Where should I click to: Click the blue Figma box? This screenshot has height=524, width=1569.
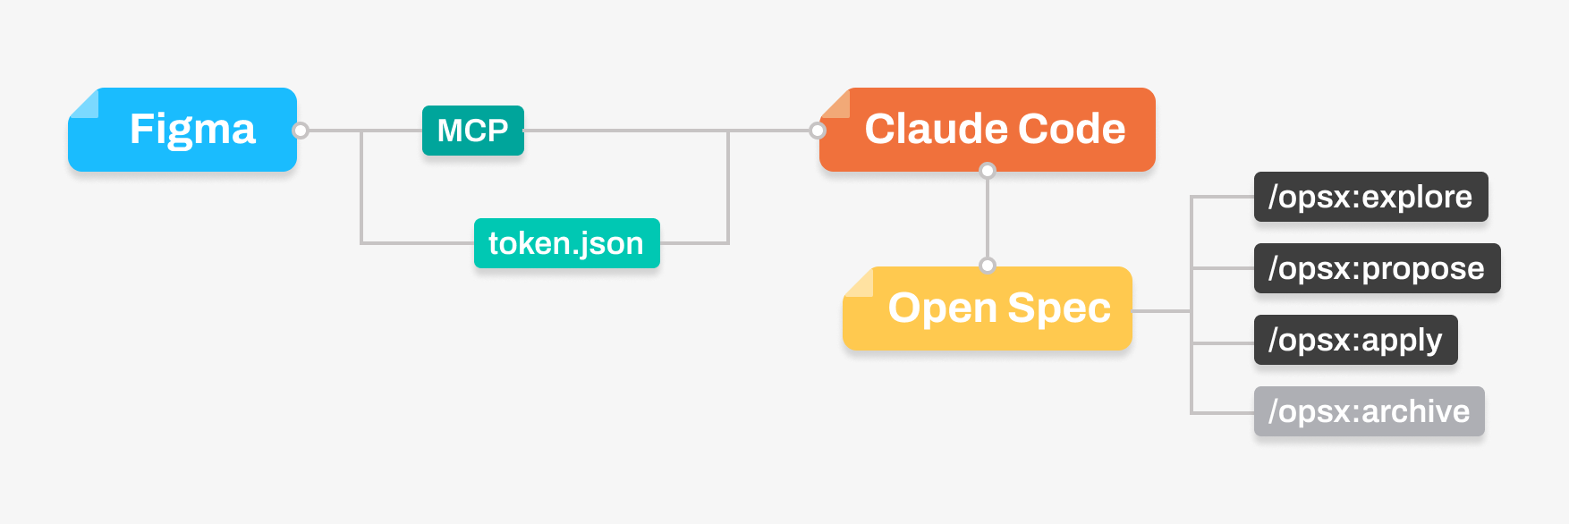click(182, 130)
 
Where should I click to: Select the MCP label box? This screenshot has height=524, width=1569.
click(473, 131)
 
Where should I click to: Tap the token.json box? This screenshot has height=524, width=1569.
click(567, 243)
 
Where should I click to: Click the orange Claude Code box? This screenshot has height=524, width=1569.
click(988, 130)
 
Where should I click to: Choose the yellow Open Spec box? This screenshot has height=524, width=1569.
click(988, 308)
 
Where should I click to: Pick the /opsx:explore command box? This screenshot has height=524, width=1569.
click(1371, 197)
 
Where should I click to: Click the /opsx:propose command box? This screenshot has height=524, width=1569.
click(1378, 268)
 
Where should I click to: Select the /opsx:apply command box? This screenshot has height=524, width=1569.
click(1356, 340)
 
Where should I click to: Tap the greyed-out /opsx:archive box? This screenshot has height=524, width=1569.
click(1370, 411)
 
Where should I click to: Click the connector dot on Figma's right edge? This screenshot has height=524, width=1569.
click(301, 131)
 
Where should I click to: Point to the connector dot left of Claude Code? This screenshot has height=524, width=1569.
click(818, 131)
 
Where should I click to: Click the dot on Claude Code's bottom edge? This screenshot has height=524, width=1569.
click(988, 170)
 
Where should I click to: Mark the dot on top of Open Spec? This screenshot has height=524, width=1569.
click(988, 265)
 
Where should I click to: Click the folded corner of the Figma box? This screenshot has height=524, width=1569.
click(82, 102)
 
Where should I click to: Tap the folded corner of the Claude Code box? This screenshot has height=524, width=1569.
click(834, 102)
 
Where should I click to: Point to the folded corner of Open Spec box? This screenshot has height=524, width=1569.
click(857, 281)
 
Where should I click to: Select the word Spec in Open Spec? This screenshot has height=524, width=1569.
click(1059, 309)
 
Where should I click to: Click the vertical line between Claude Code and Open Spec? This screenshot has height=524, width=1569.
click(988, 217)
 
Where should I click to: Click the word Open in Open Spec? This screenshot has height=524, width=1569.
click(943, 309)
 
